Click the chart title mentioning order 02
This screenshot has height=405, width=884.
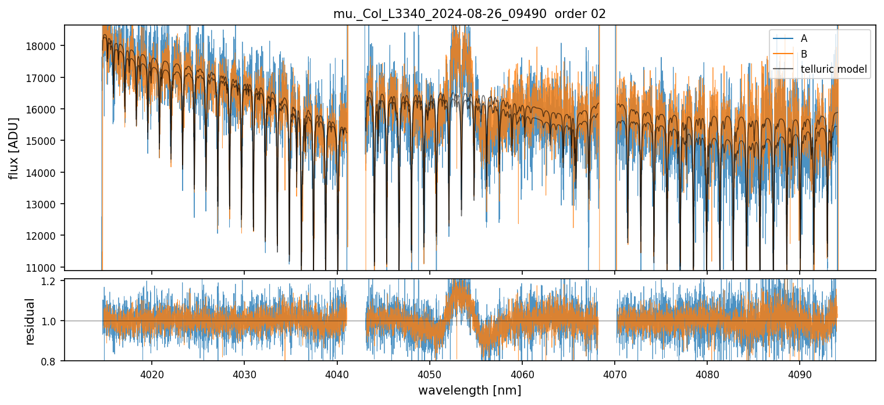(x=469, y=14)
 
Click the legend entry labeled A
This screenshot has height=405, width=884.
(x=804, y=38)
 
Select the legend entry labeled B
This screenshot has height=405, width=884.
(x=804, y=54)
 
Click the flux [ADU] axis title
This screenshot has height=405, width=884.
(x=13, y=148)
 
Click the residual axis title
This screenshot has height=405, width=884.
(x=30, y=321)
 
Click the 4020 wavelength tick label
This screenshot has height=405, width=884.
(x=152, y=373)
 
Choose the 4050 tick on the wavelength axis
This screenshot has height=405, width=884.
(x=429, y=373)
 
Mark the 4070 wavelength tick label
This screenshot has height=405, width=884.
(x=615, y=373)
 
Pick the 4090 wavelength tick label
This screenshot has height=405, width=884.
(x=800, y=373)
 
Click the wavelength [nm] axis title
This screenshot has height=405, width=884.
(x=469, y=390)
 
